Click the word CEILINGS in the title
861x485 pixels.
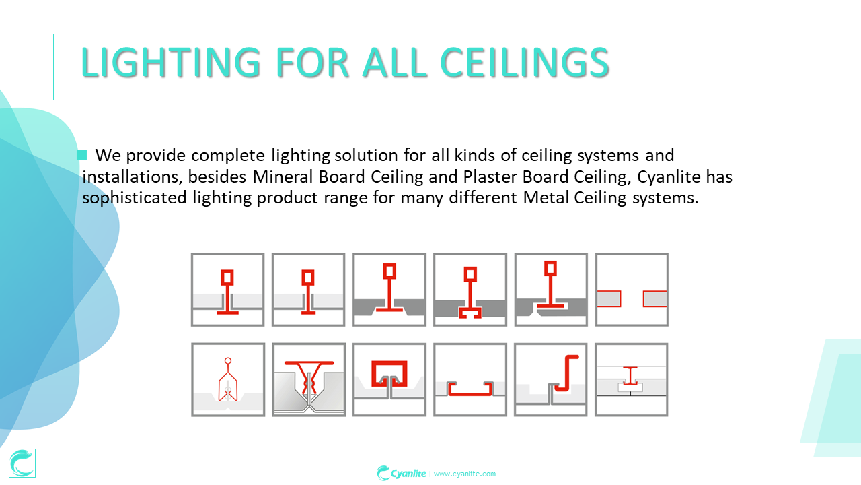525,63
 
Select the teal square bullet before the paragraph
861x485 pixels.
82,155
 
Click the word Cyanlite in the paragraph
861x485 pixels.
669,176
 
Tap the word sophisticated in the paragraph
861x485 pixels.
135,198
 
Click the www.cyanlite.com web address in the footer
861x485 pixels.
465,474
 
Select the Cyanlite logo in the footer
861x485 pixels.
402,473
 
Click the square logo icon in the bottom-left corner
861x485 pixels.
22,463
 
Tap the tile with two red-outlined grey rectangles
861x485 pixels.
632,290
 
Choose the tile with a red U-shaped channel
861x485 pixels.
470,379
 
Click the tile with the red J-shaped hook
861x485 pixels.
551,379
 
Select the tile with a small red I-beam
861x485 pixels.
632,379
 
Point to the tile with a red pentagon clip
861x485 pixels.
228,379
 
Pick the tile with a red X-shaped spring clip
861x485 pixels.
309,379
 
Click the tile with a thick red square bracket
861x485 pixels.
389,379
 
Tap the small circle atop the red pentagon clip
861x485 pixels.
228,361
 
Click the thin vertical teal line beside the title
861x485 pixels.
54,67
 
